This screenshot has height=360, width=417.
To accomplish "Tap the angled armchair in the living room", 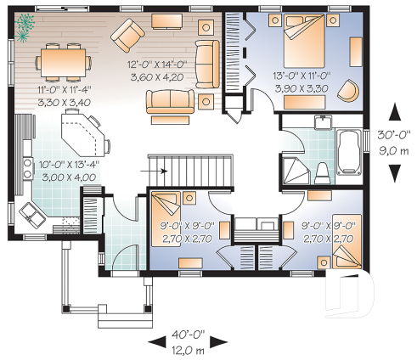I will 129,35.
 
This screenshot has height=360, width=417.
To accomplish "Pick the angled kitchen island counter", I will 82,134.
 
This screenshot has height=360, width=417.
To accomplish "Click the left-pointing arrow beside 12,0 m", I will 157,343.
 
